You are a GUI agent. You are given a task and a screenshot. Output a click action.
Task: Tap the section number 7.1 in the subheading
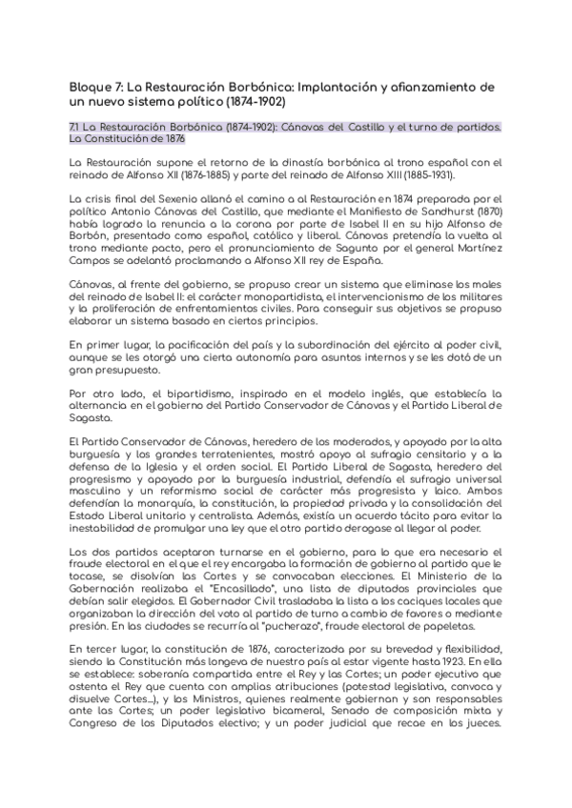click(x=76, y=126)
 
